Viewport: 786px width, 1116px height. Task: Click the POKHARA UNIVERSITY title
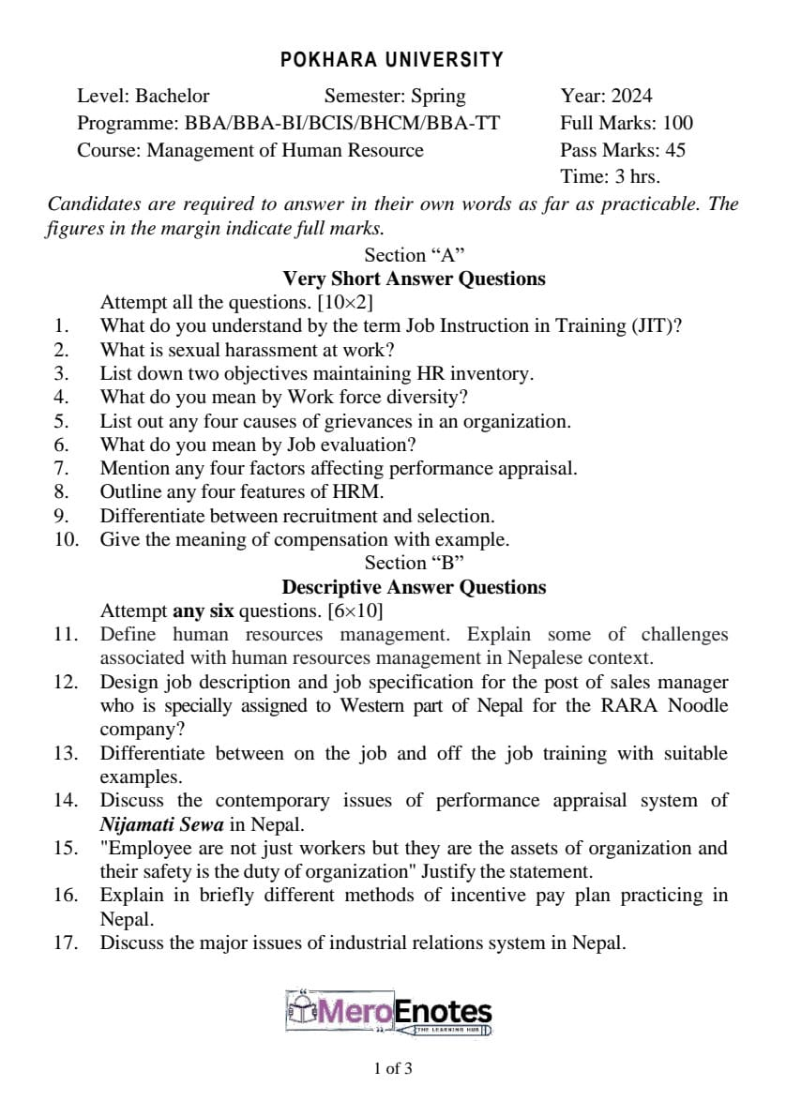click(x=392, y=60)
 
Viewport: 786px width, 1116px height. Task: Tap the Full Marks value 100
click(x=677, y=123)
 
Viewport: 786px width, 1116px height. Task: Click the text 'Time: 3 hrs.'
click(x=610, y=176)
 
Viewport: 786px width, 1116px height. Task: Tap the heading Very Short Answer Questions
click(x=414, y=279)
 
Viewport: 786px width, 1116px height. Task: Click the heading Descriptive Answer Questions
click(x=414, y=587)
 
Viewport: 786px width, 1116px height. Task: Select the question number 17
click(x=65, y=943)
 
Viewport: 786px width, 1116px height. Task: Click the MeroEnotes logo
click(x=389, y=1013)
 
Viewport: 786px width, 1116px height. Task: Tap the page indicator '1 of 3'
click(x=392, y=1068)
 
